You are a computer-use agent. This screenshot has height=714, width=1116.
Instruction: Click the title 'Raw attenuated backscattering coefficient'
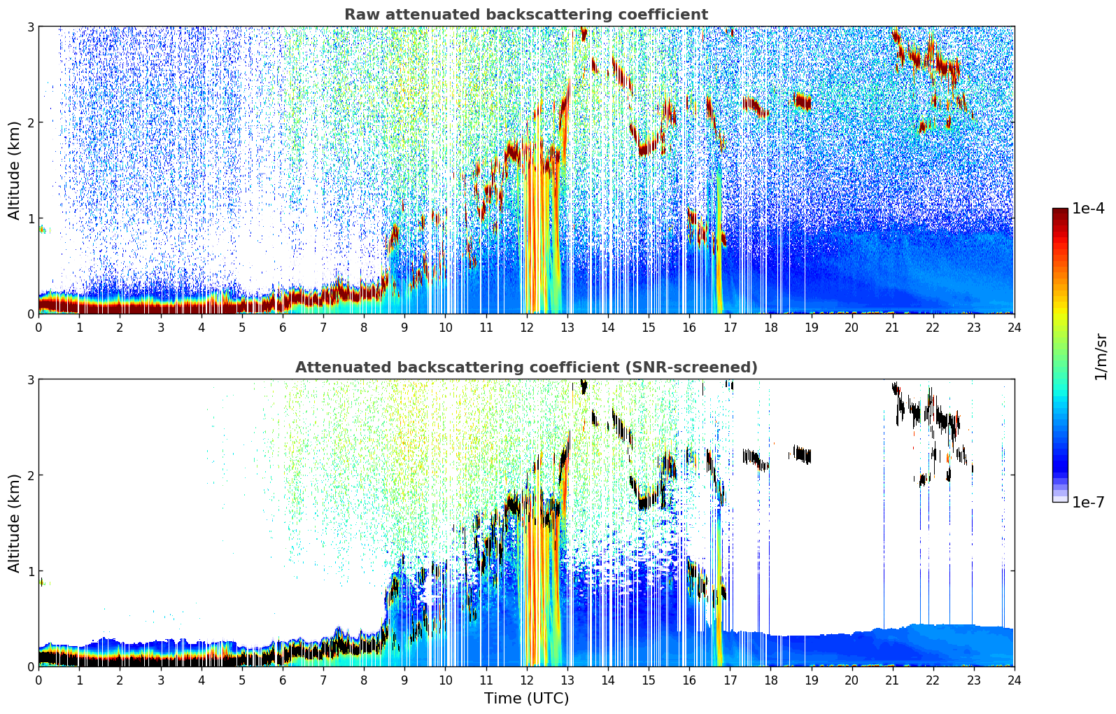[525, 15]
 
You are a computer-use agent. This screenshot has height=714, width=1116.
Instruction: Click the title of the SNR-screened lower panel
[525, 367]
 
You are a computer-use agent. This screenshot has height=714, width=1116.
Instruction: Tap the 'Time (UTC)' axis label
[526, 699]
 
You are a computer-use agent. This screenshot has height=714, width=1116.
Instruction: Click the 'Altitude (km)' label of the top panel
[15, 170]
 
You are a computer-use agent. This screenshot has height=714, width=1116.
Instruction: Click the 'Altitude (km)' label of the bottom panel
[15, 523]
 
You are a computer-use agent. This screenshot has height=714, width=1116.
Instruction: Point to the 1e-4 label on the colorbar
[1088, 209]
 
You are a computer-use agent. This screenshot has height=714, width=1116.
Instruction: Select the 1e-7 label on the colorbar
[1088, 503]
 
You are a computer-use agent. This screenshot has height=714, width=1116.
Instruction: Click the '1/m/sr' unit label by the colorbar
[1101, 356]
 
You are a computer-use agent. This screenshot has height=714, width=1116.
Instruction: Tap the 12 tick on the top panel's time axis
[526, 327]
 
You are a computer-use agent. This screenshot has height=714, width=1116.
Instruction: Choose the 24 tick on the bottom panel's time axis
[1014, 680]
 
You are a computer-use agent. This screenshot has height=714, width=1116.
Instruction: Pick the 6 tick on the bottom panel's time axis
[283, 680]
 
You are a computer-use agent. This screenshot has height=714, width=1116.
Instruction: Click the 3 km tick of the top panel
[30, 27]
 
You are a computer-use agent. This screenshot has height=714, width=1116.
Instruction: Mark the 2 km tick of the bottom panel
[30, 475]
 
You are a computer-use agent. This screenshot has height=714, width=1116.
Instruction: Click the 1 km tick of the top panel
[30, 218]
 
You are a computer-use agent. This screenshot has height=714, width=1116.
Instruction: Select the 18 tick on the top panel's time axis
[770, 327]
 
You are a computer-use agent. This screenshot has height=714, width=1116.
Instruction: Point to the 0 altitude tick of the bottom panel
[30, 666]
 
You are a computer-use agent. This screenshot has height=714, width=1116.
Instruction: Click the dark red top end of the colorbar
[1060, 212]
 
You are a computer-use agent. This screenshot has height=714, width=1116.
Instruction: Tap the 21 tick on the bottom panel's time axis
[892, 680]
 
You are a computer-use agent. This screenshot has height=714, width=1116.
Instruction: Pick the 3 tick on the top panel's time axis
[161, 327]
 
